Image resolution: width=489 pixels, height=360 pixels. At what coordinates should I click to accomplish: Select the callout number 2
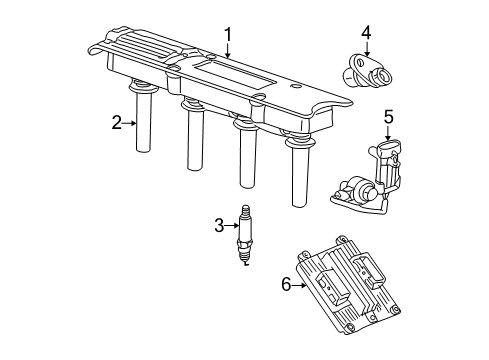[117, 123]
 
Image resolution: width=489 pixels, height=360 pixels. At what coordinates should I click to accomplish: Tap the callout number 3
[218, 225]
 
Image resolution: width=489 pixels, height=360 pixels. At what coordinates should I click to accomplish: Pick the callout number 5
[389, 116]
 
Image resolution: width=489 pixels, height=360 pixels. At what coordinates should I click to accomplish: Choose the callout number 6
[286, 285]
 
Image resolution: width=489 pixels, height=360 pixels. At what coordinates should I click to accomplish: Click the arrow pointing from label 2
[128, 123]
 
